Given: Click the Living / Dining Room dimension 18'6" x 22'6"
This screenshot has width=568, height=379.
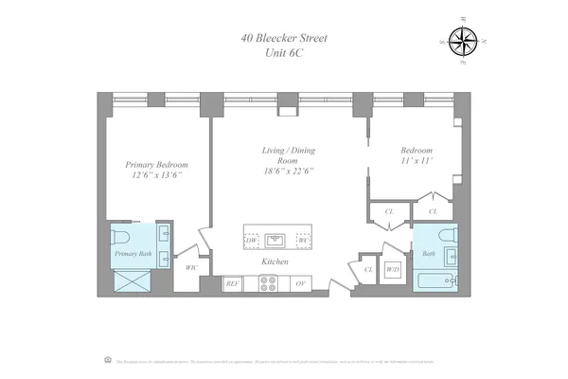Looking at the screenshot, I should click(x=288, y=171).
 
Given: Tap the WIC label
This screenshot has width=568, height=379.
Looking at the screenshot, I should click(x=191, y=268).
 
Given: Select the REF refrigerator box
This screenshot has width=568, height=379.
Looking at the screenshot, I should click(x=232, y=283).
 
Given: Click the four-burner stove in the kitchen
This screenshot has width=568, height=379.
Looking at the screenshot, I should click(x=268, y=282).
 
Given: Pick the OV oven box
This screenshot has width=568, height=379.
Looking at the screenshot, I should click(x=300, y=283).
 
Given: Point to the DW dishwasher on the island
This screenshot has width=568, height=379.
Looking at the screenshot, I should click(x=252, y=241).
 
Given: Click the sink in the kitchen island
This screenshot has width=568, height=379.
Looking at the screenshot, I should click(x=276, y=240).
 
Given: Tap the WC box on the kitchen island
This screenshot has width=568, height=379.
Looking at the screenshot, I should click(x=303, y=241).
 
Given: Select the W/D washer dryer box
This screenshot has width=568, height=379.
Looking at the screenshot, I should click(x=393, y=270).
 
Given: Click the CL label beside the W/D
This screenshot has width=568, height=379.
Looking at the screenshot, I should click(x=368, y=270).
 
